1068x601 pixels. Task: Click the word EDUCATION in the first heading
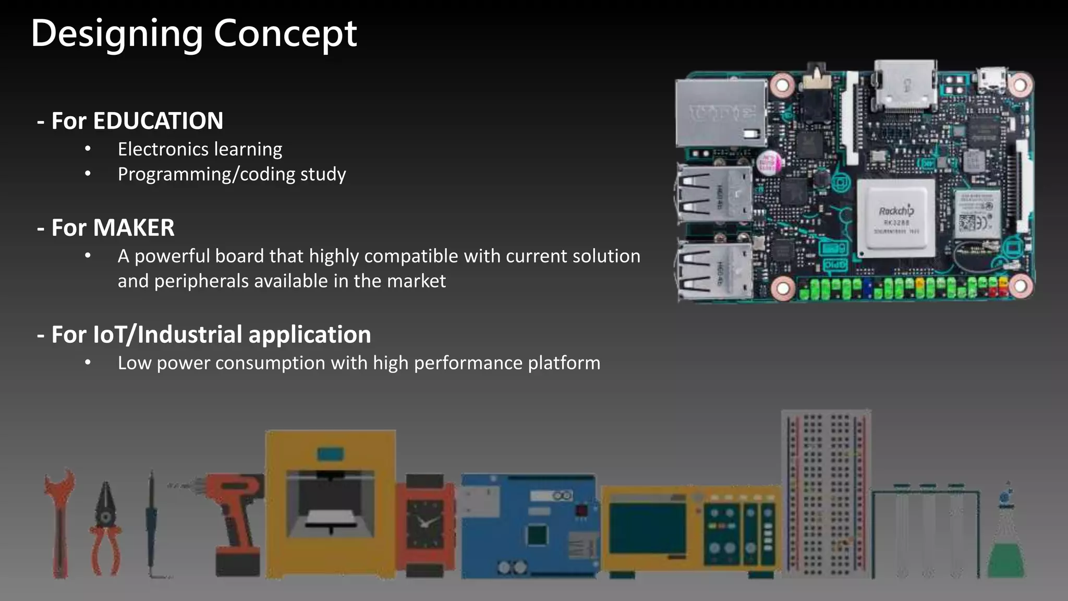[x=158, y=121]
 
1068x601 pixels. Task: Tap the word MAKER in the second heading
[x=133, y=228]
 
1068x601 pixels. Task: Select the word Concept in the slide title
[x=285, y=33]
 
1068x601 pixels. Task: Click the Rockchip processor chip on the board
[x=896, y=218]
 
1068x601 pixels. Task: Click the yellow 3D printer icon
[x=330, y=503]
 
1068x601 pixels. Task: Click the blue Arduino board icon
[x=528, y=525]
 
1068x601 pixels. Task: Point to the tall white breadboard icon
[x=826, y=493]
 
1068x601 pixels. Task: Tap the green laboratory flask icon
[x=1006, y=548]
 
